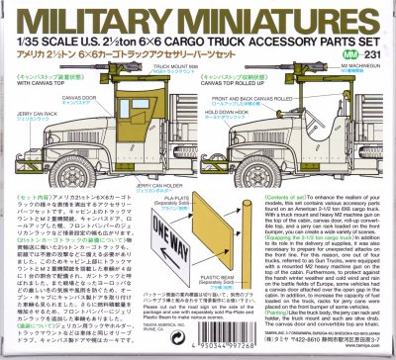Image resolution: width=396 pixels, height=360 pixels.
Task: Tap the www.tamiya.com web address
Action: tap(370, 348)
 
